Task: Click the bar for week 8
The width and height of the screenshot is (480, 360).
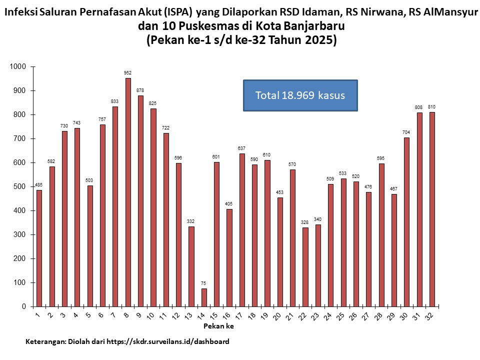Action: (128, 192)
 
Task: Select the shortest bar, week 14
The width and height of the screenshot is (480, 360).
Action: (204, 297)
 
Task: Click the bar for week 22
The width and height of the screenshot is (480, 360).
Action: (305, 267)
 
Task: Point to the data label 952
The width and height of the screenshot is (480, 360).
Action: (128, 73)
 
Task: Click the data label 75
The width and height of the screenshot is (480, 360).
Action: (204, 283)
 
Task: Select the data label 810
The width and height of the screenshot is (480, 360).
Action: (431, 107)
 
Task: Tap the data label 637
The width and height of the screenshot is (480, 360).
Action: (242, 148)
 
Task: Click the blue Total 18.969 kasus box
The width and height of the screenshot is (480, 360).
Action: (300, 95)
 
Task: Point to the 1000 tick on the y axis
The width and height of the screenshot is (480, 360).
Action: (20, 66)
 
